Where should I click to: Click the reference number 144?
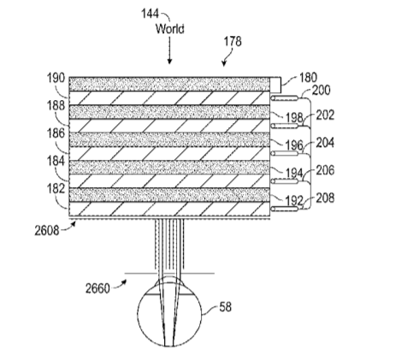(150, 14)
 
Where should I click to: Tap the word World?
(170, 29)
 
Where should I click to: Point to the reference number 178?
(233, 41)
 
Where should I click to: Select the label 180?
(308, 78)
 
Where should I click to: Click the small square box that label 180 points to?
(275, 85)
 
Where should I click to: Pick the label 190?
(56, 78)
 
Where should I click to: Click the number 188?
(56, 105)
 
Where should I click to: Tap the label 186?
(56, 133)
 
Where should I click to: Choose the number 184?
(56, 161)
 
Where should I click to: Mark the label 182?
(56, 189)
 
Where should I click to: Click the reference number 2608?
(47, 230)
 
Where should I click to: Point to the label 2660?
(97, 288)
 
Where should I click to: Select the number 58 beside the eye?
(225, 307)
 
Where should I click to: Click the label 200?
(321, 91)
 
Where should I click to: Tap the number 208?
(325, 198)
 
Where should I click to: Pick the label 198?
(294, 117)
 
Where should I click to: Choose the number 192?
(294, 201)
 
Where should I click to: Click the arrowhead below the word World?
(169, 62)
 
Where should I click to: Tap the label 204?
(325, 143)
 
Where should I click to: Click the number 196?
(294, 145)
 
